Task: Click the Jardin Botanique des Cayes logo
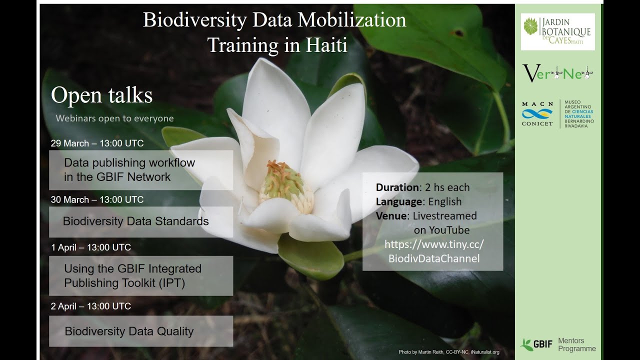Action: (x=557, y=31)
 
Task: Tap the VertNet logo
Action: (x=557, y=73)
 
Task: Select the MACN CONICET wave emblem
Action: (x=537, y=114)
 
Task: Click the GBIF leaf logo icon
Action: (x=526, y=344)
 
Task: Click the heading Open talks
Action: (x=101, y=95)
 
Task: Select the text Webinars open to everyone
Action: (x=114, y=118)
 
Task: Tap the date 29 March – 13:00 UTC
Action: (x=97, y=143)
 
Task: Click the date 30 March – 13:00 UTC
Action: (x=97, y=199)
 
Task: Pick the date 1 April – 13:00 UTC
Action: (x=90, y=247)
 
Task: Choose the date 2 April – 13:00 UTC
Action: (x=90, y=306)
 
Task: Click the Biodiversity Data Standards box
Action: (x=140, y=221)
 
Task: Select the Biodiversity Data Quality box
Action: (x=140, y=331)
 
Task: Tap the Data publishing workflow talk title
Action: (x=129, y=169)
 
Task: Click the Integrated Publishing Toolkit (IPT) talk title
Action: (x=132, y=275)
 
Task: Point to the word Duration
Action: (x=397, y=187)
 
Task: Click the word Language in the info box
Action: (x=399, y=201)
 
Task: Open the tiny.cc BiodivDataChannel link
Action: (x=433, y=251)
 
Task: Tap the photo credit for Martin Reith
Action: (x=448, y=352)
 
